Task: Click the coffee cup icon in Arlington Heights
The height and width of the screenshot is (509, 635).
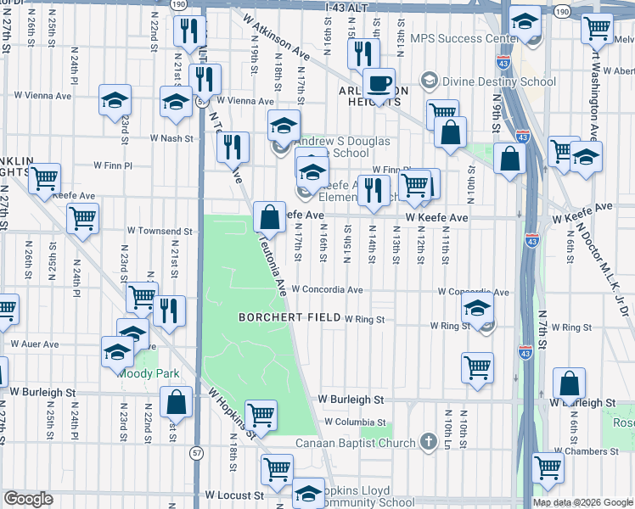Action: tap(379, 83)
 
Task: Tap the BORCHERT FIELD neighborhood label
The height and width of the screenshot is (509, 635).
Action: tap(288, 317)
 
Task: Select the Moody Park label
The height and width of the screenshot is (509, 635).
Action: tap(149, 372)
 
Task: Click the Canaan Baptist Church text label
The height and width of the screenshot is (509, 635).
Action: tap(355, 443)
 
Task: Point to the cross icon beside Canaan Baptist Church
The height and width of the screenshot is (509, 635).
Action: tap(428, 442)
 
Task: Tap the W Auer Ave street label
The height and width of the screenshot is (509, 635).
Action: tap(34, 344)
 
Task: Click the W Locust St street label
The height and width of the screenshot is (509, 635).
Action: tap(234, 495)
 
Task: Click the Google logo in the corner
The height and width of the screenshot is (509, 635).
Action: tap(28, 499)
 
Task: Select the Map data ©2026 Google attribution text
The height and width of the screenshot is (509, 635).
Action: tap(582, 502)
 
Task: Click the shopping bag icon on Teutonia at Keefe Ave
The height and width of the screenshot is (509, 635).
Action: tap(270, 217)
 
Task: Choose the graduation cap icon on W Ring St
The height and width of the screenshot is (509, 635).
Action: tap(479, 312)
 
